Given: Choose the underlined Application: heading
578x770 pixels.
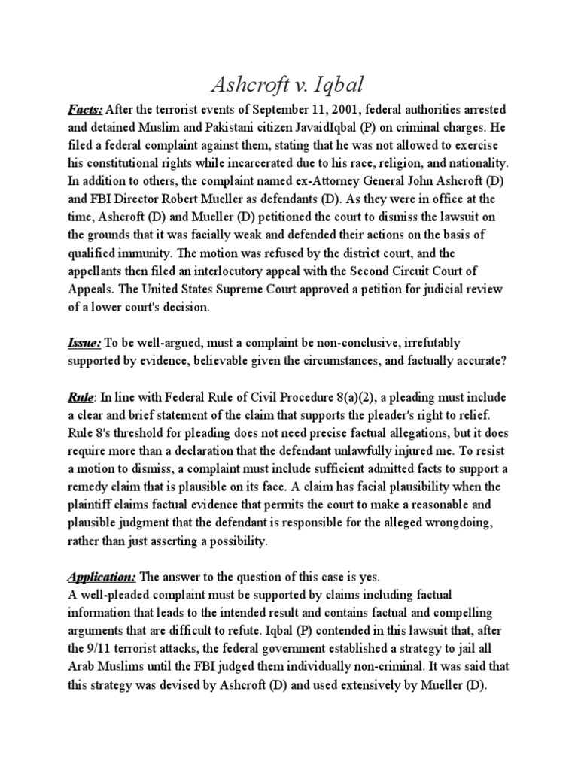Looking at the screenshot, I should coord(100,578).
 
